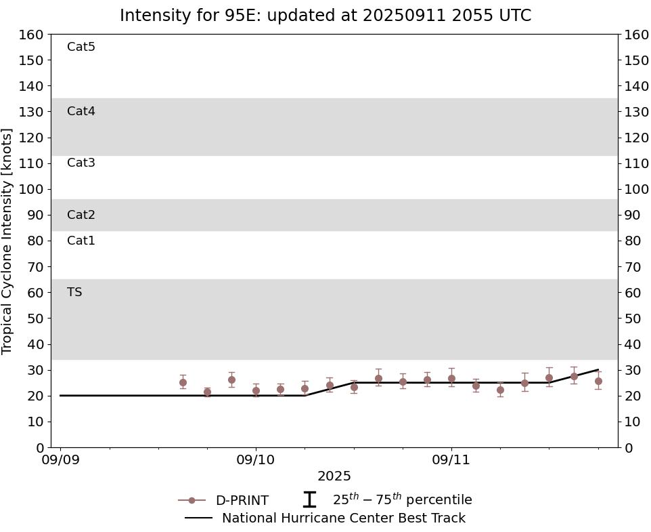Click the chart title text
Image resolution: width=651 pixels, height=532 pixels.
coord(325,16)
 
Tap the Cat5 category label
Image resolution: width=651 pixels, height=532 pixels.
coord(81,47)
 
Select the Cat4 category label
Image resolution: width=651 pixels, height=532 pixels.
coord(81,111)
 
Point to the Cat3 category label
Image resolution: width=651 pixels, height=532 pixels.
coord(81,163)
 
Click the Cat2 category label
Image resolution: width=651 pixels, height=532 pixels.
coord(81,215)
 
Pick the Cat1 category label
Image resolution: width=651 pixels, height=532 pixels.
coord(81,241)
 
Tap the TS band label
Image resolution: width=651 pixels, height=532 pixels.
coord(74,292)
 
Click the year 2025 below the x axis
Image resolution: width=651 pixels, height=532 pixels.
coord(334,476)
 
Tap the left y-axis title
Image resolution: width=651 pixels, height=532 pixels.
coord(8,241)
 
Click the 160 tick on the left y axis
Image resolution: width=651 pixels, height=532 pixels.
coord(32,35)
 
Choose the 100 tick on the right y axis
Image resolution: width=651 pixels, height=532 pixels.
coord(636,189)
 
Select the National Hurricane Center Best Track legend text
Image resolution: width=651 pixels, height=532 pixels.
coord(344,518)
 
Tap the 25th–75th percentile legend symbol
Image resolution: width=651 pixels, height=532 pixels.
coord(309,500)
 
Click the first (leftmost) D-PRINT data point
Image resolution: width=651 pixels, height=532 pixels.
coord(183,382)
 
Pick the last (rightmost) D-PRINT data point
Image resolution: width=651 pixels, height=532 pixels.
coord(598,381)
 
